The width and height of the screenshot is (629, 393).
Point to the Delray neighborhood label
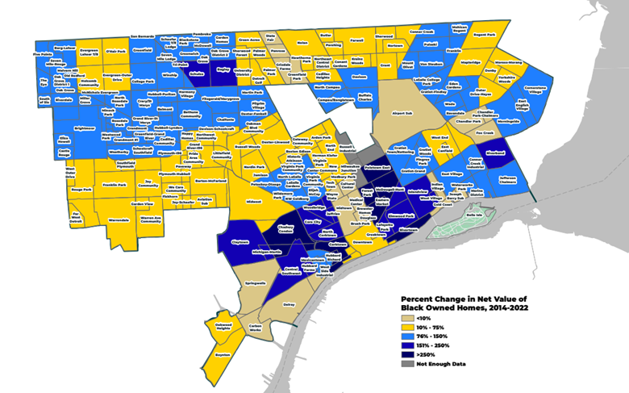click(290, 305)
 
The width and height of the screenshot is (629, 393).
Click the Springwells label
click(257, 284)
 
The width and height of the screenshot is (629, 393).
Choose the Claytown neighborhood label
click(240, 241)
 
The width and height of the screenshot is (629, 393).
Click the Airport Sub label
click(402, 115)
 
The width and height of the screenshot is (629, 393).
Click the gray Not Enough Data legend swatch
click(408, 363)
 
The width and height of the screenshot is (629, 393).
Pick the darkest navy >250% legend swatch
click(408, 353)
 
